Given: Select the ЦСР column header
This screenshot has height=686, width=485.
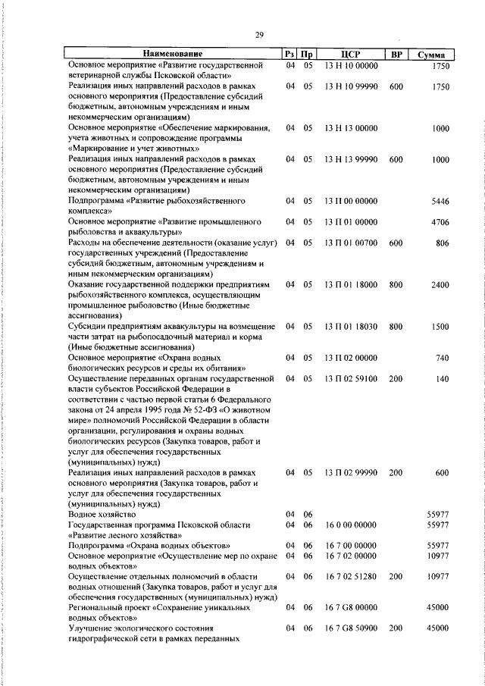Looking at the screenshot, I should click(x=350, y=55).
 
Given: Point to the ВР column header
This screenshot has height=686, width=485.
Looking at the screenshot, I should click(x=395, y=55).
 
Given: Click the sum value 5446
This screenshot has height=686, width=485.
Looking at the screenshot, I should click(x=440, y=202).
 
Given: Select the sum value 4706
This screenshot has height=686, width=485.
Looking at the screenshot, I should click(x=440, y=222).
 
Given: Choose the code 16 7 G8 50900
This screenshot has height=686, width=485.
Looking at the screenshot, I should click(x=350, y=628).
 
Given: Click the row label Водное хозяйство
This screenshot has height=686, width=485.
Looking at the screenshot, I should click(x=102, y=515).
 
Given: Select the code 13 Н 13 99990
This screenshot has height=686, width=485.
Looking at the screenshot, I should click(x=350, y=160).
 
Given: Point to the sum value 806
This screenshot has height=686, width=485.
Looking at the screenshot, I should click(x=442, y=243).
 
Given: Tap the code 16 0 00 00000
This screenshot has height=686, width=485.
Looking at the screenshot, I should click(x=350, y=525).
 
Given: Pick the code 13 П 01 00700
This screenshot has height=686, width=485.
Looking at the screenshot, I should click(x=350, y=243).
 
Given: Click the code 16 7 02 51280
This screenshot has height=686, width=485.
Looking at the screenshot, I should click(x=350, y=577).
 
